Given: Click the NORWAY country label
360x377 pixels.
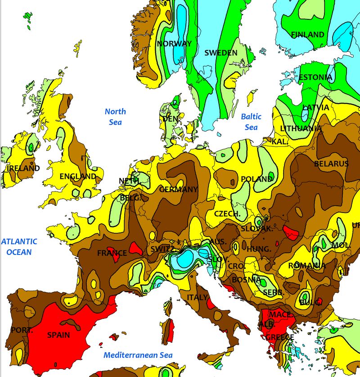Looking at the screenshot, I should tap(174, 44).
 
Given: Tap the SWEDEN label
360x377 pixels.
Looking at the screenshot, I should tap(220, 53).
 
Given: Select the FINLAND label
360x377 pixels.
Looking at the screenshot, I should tap(307, 35).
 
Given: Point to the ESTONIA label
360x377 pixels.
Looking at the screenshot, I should tap(315, 77).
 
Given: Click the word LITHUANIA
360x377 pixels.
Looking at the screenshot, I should tap(301, 129).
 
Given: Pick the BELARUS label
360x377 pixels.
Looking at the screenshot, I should tap(331, 164).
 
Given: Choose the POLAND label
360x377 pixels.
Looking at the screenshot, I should tap(257, 179).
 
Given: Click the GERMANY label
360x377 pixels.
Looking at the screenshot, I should tap(178, 190).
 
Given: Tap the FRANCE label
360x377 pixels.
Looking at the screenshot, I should tap(112, 253).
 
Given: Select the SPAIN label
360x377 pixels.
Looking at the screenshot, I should tap(58, 335).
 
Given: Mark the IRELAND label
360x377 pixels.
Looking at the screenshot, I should tap(23, 168).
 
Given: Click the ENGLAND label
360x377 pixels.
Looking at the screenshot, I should tap(78, 177).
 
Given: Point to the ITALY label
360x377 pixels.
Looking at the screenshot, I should tap(197, 298).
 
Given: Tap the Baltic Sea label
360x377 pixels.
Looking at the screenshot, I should tap(251, 122).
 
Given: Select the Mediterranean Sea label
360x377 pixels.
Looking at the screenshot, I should tap(138, 355).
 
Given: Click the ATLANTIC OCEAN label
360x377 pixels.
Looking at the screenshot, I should tap(19, 247).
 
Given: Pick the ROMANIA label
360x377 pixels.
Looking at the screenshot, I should tap(307, 266).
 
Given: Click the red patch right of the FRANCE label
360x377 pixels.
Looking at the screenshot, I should tap(135, 248).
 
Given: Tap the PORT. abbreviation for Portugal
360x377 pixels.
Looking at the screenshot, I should tap(22, 330).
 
